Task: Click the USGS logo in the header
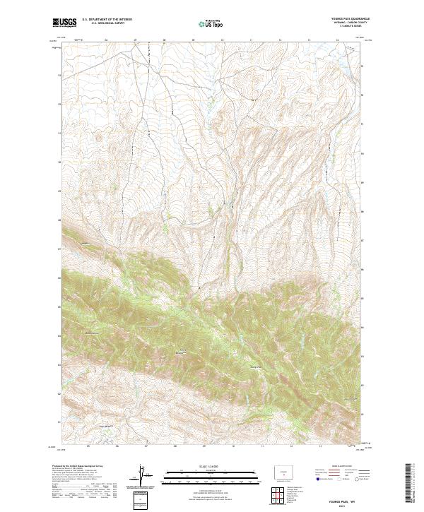point(64,23)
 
